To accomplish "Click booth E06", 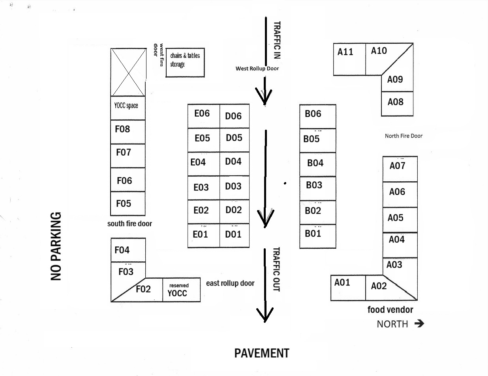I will (203, 116).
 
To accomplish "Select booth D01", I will (234, 235).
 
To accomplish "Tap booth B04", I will (317, 164).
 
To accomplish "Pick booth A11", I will (349, 59).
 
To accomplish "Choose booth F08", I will (128, 132).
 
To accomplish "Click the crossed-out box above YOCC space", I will (128, 72).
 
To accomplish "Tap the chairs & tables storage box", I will (185, 63).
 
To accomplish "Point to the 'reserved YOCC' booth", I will (181, 290).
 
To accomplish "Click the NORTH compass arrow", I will (419, 324).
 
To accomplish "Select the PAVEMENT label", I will (262, 353).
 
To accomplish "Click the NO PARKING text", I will (56, 246).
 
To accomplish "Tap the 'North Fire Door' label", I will (404, 136).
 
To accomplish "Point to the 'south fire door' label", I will (130, 223).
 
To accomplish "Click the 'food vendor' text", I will (390, 310).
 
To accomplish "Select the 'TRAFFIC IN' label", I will (277, 40).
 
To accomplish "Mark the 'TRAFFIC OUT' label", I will (276, 270).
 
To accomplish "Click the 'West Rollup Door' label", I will (257, 69).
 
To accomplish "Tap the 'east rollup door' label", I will (230, 283).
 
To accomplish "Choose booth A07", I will (400, 169).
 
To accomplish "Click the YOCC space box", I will (128, 108).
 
